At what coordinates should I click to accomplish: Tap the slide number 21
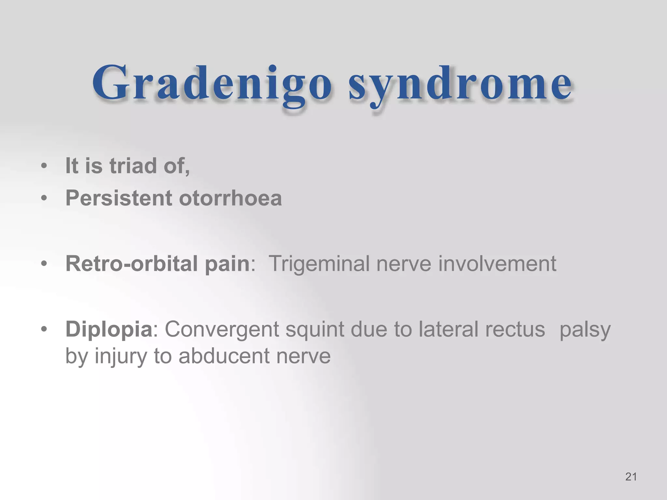point(631,477)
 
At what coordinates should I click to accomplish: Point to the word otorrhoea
point(230,198)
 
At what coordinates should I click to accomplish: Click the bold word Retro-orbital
point(132,263)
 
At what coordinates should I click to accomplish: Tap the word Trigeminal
point(319,263)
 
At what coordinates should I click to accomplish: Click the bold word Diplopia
point(109,329)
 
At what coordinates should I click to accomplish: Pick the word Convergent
point(222,329)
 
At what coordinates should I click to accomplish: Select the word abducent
point(224,356)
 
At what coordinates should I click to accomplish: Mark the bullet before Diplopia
point(44,329)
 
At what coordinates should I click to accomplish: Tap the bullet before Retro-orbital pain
point(44,264)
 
